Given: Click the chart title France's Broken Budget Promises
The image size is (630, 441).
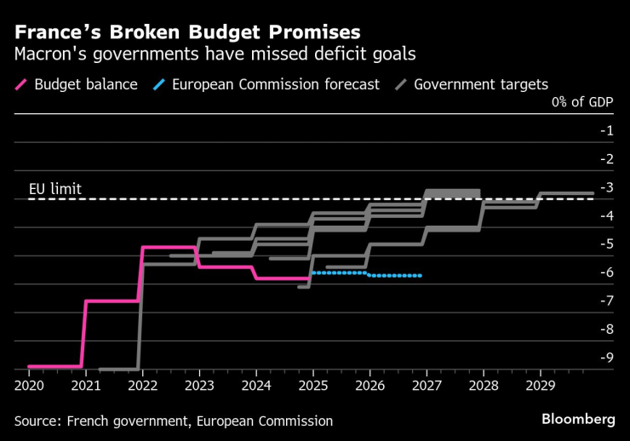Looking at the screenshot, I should pos(186,31).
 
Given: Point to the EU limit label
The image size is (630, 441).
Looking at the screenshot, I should pos(55,188).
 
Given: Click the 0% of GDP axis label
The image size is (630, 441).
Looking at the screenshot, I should pos(583,103).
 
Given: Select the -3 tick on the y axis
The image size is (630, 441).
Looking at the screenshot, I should pos(607,187).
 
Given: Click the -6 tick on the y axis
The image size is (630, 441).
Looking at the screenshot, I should pos(607,272).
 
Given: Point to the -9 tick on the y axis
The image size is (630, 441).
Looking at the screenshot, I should pos(607,357).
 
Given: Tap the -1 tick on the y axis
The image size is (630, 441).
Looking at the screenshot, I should pos(607,130).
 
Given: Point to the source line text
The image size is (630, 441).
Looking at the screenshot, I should pos(173,421).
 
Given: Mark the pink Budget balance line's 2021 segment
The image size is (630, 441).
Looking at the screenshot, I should pos(111,301).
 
